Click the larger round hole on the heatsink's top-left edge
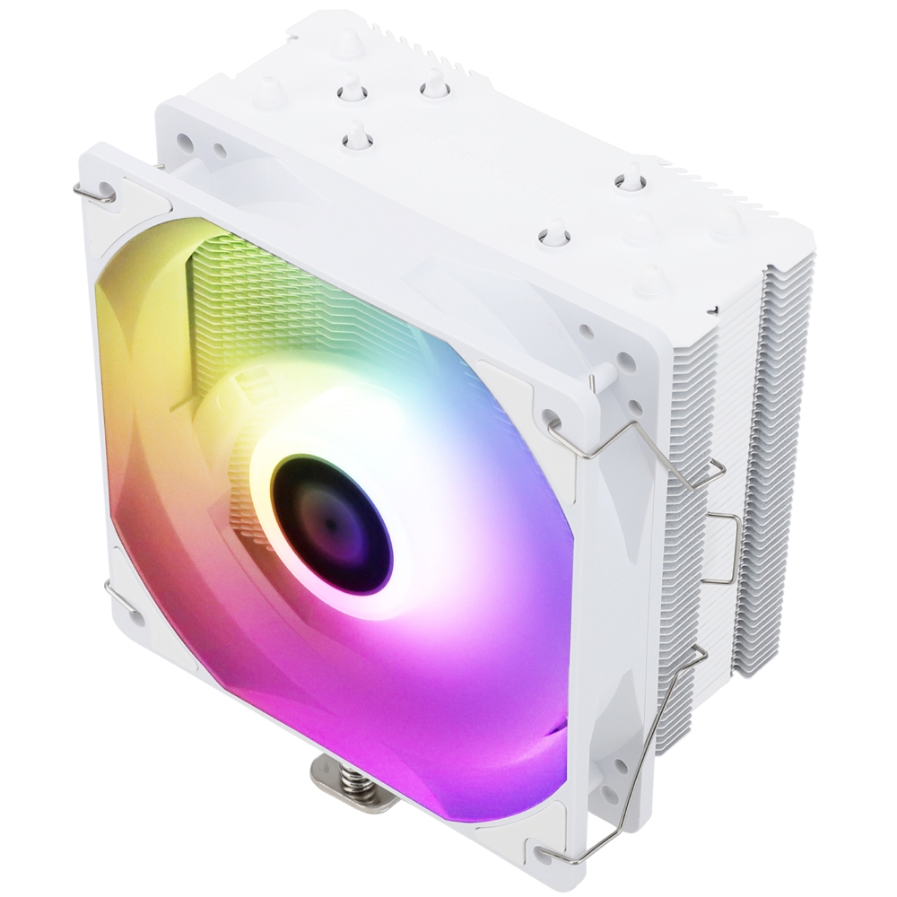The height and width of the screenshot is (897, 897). coord(184,141)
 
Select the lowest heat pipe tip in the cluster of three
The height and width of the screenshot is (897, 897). coord(356,135)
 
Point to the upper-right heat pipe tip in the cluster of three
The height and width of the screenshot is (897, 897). coord(434,86)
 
